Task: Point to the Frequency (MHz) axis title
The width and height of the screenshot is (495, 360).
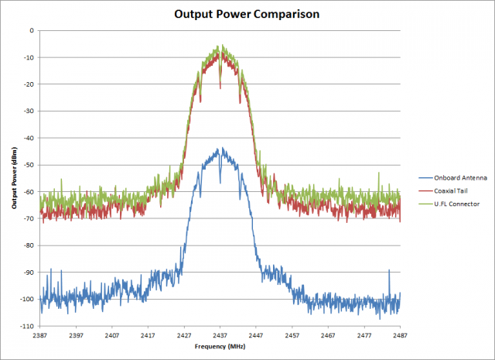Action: [220, 348]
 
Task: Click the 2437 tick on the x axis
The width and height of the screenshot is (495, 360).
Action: [220, 336]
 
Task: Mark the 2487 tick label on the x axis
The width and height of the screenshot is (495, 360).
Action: [400, 336]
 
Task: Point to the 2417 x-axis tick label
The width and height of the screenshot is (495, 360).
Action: [148, 336]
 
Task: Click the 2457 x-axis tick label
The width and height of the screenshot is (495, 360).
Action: [292, 336]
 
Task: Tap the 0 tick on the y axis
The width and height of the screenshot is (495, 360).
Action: [32, 31]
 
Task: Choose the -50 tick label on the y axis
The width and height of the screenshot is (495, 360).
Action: [29, 165]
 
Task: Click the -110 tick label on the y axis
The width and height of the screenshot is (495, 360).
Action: [28, 326]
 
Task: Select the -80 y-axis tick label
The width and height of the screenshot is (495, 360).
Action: [29, 245]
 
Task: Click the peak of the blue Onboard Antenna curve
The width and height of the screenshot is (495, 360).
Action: [221, 148]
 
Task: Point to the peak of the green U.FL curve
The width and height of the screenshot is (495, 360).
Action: [221, 45]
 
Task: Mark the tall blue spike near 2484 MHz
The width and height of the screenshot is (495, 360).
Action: [389, 271]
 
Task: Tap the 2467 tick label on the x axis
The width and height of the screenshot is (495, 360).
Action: [328, 336]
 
